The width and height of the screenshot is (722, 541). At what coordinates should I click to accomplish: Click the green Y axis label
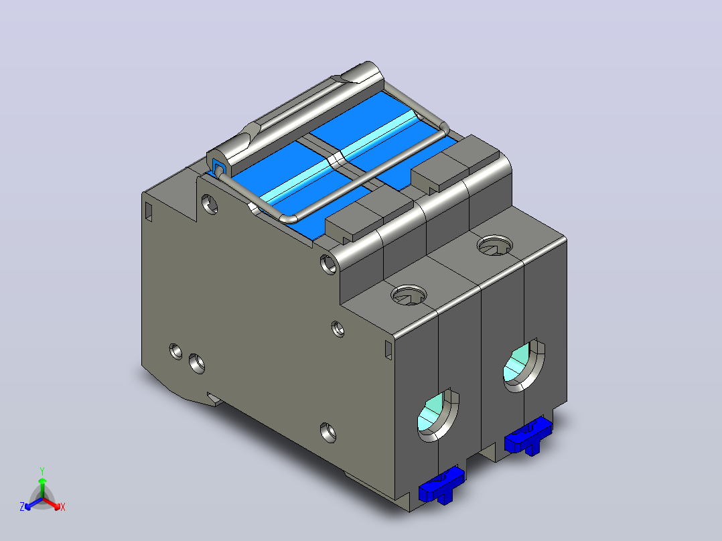[42, 471]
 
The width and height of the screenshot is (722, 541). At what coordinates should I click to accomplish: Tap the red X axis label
[63, 507]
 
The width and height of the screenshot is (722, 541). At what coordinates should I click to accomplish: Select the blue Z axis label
[22, 507]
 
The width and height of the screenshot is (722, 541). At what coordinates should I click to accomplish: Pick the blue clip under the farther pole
[528, 436]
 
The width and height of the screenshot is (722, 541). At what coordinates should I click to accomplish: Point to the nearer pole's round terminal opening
[438, 415]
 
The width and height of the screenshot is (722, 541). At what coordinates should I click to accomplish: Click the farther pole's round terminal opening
[524, 366]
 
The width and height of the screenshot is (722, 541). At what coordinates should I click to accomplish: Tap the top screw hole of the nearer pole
[409, 295]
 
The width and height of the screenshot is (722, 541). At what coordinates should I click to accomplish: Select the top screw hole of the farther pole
[495, 246]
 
